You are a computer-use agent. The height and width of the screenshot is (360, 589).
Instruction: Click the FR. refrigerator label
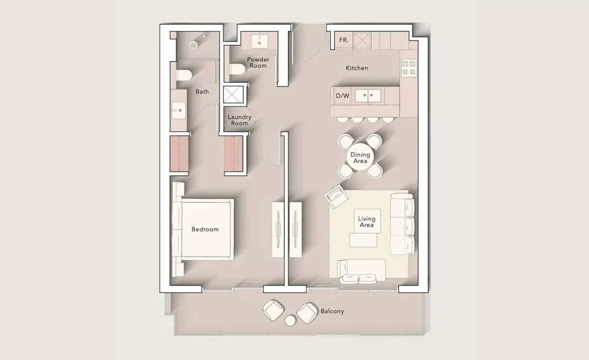coord(344,40)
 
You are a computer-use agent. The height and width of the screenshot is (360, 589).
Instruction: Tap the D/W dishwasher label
coord(343,96)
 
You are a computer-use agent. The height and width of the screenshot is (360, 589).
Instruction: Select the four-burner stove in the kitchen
coord(409,68)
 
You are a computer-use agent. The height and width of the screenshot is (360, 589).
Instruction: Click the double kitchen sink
coord(368,96)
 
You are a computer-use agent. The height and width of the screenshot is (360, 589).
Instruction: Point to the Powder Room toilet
coord(238,69)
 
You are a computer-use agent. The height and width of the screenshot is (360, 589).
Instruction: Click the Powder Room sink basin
coord(259,41)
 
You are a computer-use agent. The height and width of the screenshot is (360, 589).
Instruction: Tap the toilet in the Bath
coord(184,75)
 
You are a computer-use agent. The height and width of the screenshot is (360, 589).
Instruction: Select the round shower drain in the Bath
coord(193,45)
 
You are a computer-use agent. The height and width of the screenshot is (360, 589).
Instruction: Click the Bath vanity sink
coord(179,111)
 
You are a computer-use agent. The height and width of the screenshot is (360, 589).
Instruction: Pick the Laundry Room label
coord(240,120)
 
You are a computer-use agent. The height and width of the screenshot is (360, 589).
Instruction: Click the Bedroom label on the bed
coord(205,229)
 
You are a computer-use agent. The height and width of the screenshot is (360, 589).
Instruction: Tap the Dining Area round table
coord(360,157)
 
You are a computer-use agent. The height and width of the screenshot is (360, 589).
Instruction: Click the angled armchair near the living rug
coord(337,196)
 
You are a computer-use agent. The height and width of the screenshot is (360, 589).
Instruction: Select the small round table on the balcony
coord(290,321)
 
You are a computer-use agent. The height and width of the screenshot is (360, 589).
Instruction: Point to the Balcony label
coord(332,311)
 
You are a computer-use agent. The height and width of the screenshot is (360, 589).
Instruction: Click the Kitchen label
coord(357,68)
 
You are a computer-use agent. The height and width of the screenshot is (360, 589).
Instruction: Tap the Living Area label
coord(367,222)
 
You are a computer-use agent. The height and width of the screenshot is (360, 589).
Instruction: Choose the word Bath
coord(202,91)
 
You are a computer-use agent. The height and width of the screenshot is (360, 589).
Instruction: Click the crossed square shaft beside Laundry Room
coord(233,94)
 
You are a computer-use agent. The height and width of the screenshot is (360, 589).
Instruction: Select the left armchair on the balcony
coord(273,310)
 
